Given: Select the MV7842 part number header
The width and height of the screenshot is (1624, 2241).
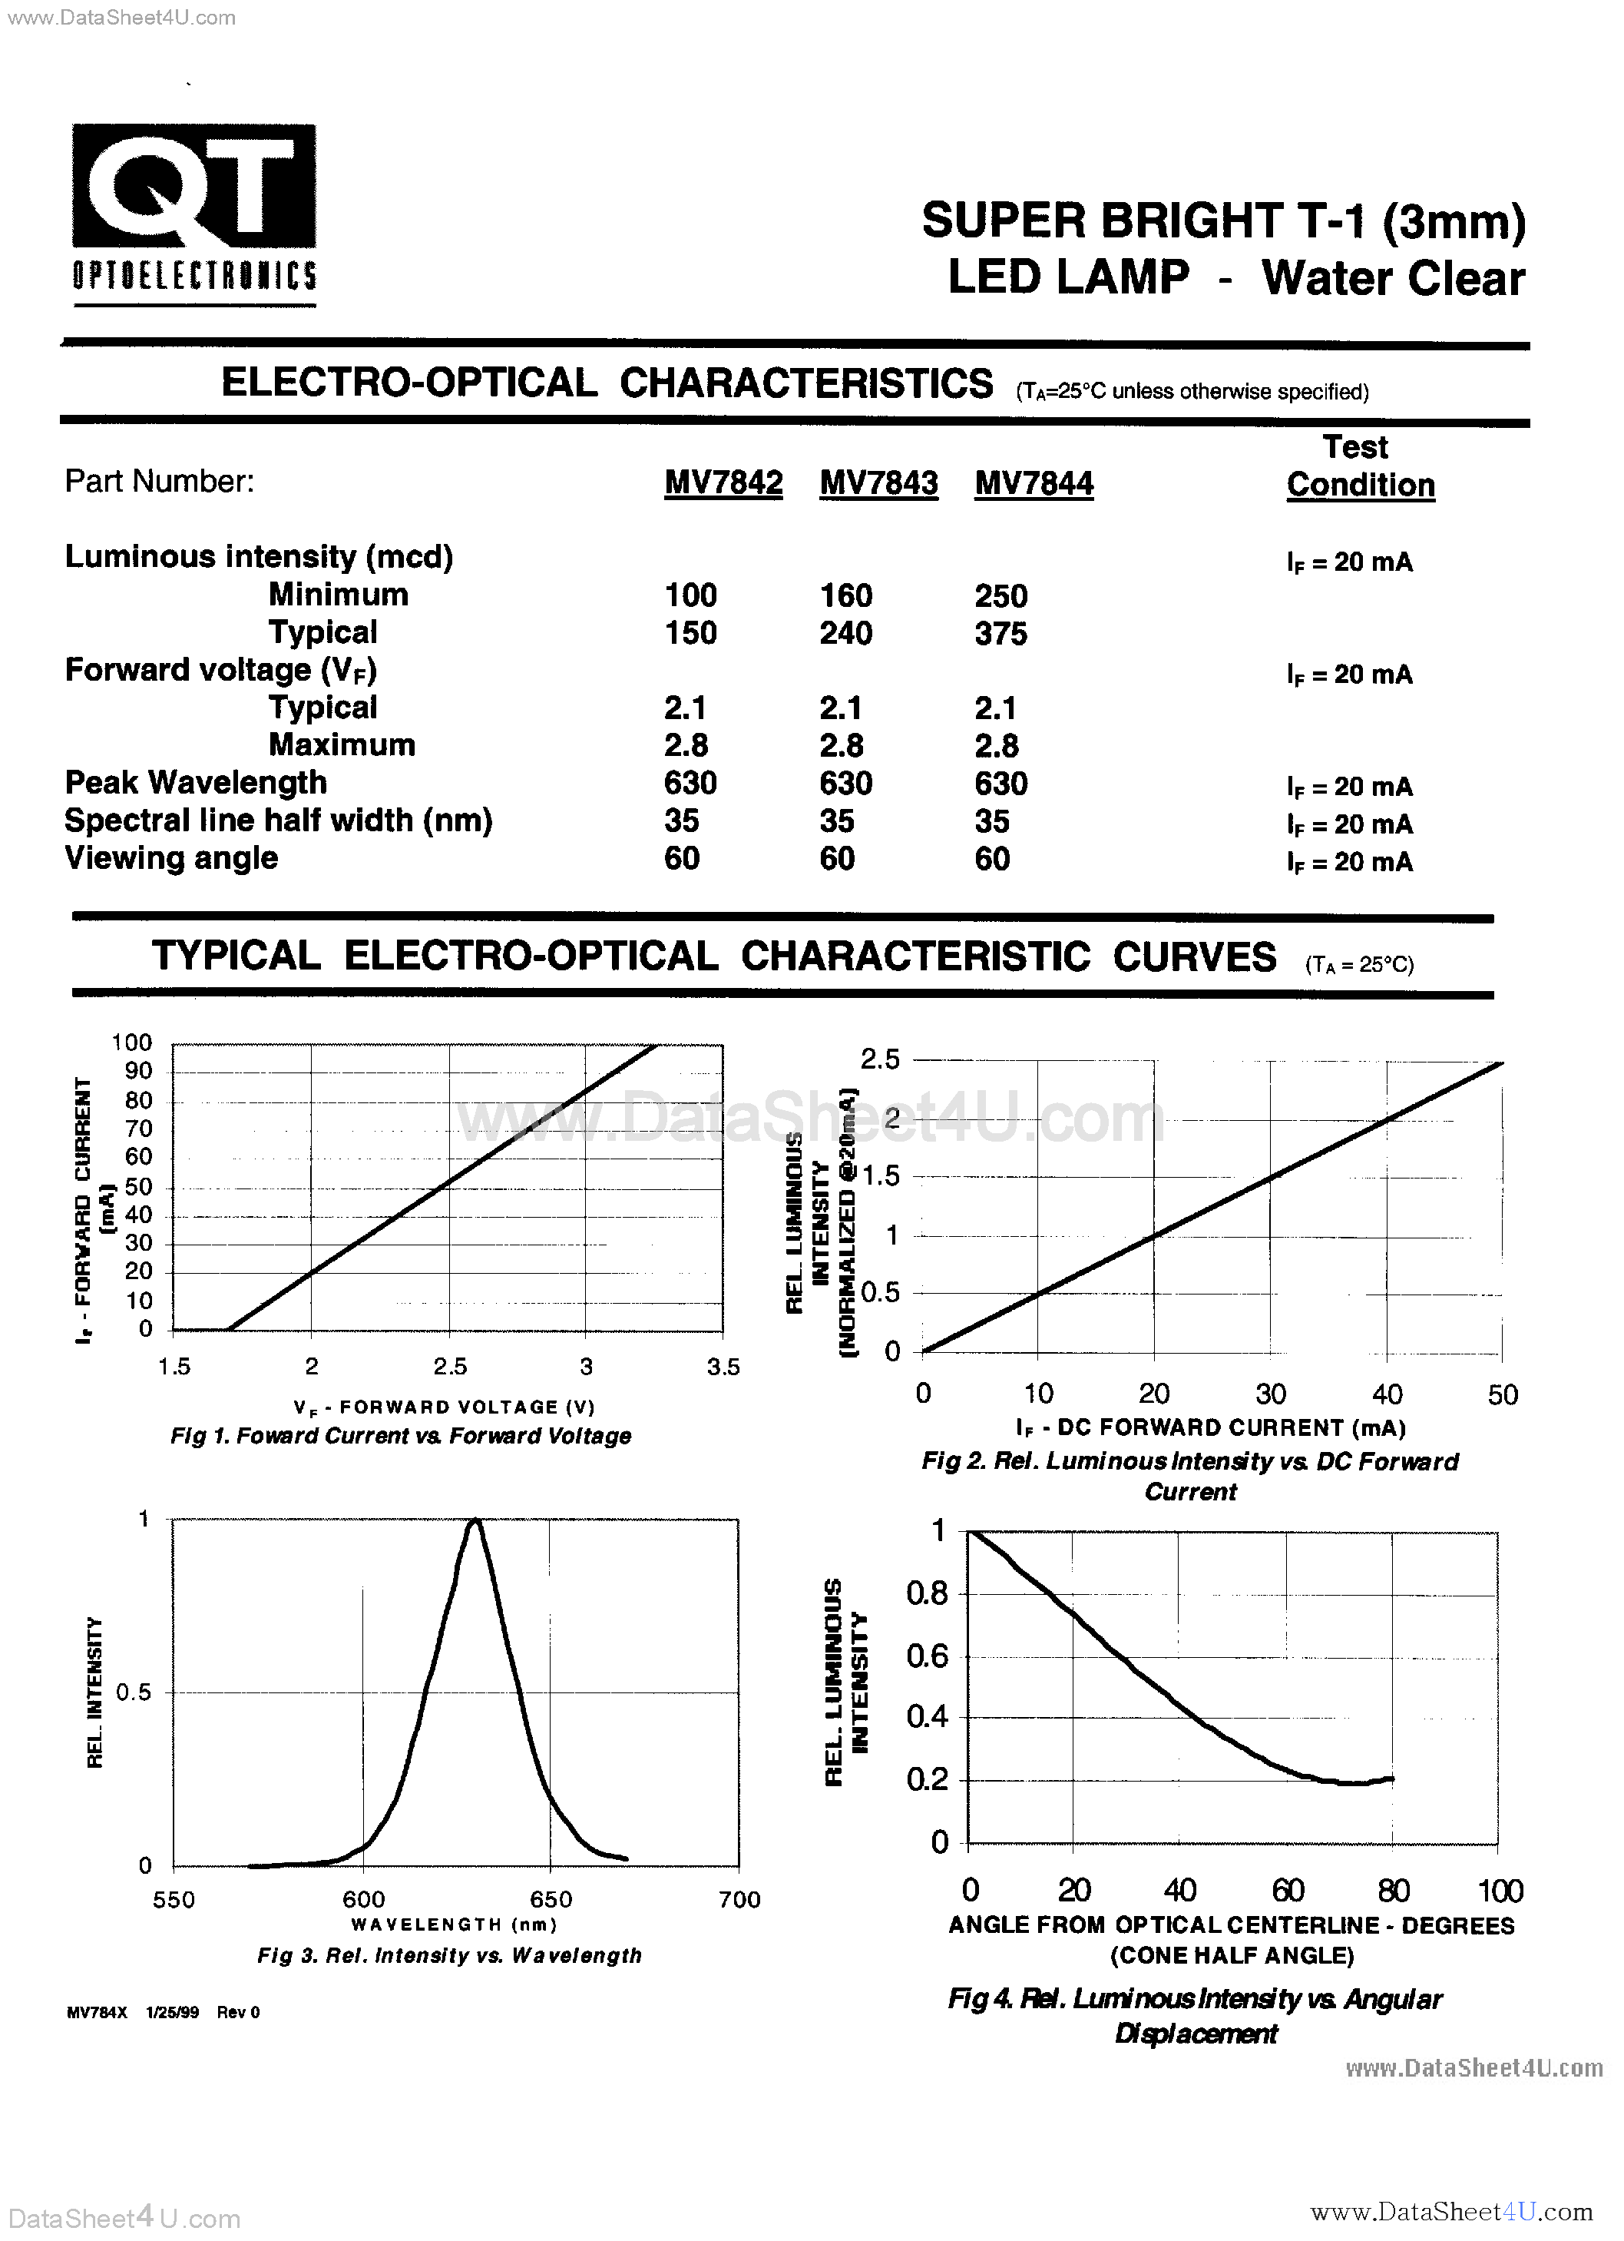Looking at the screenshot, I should click(x=723, y=483).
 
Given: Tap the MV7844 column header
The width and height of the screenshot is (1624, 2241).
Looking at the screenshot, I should click(x=1034, y=483).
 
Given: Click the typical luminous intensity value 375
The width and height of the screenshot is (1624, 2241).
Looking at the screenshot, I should click(x=1001, y=633).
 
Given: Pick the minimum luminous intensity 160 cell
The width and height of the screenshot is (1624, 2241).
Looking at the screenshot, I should click(x=845, y=596).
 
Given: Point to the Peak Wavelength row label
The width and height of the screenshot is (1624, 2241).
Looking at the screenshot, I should click(x=196, y=783).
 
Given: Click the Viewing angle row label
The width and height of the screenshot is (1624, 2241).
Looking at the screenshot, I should click(x=171, y=857).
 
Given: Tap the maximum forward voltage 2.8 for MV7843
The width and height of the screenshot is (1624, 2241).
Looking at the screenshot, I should click(x=841, y=746).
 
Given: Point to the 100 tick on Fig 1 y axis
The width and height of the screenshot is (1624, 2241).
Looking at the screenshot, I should click(x=131, y=1043).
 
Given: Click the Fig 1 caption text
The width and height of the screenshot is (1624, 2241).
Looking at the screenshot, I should click(x=400, y=1436).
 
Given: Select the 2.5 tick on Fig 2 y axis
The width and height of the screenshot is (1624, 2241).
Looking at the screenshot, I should click(x=879, y=1059).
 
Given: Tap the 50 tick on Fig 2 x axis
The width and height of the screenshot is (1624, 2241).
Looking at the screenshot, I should click(x=1501, y=1394).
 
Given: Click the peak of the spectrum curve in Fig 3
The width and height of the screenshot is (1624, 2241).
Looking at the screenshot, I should click(x=475, y=1522).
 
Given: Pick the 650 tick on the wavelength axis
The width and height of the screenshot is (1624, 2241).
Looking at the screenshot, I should click(x=551, y=1899).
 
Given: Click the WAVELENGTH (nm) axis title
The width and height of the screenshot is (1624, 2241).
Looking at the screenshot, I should click(x=455, y=1924).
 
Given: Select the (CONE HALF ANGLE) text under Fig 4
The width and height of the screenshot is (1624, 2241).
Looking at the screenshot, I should click(x=1231, y=1955).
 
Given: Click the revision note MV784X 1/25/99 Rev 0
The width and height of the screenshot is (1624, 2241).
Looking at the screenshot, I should click(x=163, y=2013).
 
